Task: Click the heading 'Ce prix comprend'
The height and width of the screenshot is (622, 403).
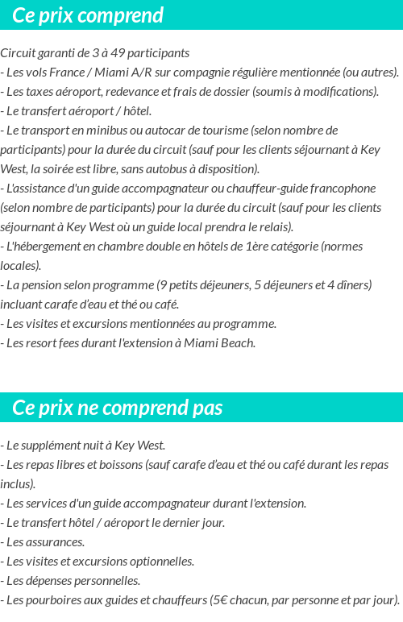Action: click(x=88, y=15)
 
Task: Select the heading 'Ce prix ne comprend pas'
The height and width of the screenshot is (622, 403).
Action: click(x=118, y=408)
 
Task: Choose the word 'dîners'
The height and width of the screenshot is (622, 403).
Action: click(x=353, y=285)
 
